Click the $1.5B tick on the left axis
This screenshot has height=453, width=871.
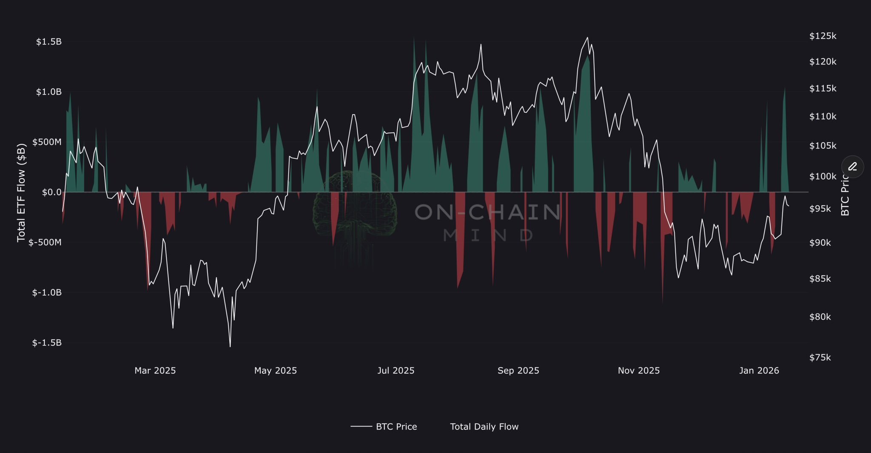click(49, 42)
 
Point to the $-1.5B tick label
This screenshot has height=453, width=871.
click(47, 343)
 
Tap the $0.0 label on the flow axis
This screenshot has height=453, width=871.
click(51, 192)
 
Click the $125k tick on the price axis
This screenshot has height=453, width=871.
click(823, 36)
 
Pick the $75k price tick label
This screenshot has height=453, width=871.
click(820, 358)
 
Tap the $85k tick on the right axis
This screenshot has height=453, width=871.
click(820, 279)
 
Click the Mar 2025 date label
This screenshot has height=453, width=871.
click(155, 371)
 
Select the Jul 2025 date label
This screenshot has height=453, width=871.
click(396, 371)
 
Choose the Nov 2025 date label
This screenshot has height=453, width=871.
click(638, 371)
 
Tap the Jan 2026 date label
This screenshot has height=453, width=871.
click(759, 371)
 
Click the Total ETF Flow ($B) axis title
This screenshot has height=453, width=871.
click(22, 192)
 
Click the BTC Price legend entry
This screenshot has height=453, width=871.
click(396, 427)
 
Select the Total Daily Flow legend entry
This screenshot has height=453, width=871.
click(484, 427)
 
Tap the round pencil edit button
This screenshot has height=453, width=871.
click(852, 166)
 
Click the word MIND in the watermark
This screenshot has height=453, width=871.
click(488, 235)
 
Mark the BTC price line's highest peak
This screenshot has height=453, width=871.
click(587, 37)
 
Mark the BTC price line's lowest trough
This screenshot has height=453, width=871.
click(230, 347)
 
